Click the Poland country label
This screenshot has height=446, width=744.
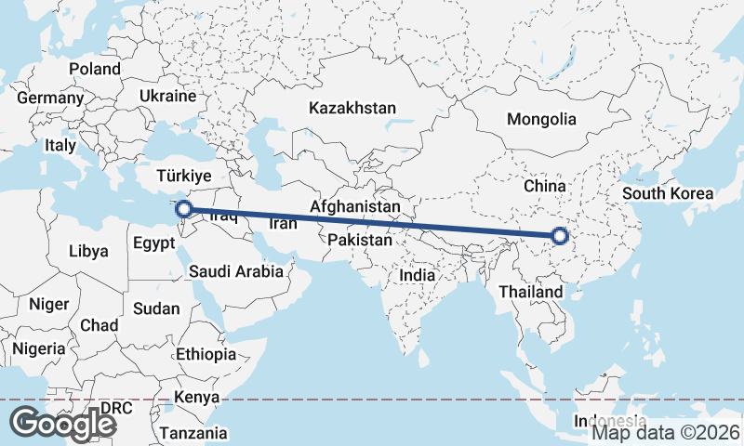pyautogui.click(x=95, y=69)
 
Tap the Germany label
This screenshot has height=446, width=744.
pyautogui.click(x=50, y=98)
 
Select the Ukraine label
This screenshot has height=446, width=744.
pyautogui.click(x=167, y=96)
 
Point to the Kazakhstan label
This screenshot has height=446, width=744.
pyautogui.click(x=353, y=108)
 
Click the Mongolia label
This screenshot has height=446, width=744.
pyautogui.click(x=541, y=119)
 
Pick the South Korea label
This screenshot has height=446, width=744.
pyautogui.click(x=668, y=194)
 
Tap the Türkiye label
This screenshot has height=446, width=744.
pyautogui.click(x=184, y=176)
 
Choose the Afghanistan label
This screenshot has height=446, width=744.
pyautogui.click(x=356, y=206)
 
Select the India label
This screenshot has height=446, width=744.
pyautogui.click(x=417, y=276)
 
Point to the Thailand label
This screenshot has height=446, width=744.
pyautogui.click(x=531, y=292)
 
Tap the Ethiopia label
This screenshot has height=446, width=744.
pyautogui.click(x=206, y=354)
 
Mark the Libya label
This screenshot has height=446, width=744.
pyautogui.click(x=88, y=251)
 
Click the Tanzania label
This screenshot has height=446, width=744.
pyautogui.click(x=193, y=433)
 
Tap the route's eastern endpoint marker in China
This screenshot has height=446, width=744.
pyautogui.click(x=560, y=237)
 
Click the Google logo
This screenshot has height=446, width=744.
pyautogui.click(x=64, y=423)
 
